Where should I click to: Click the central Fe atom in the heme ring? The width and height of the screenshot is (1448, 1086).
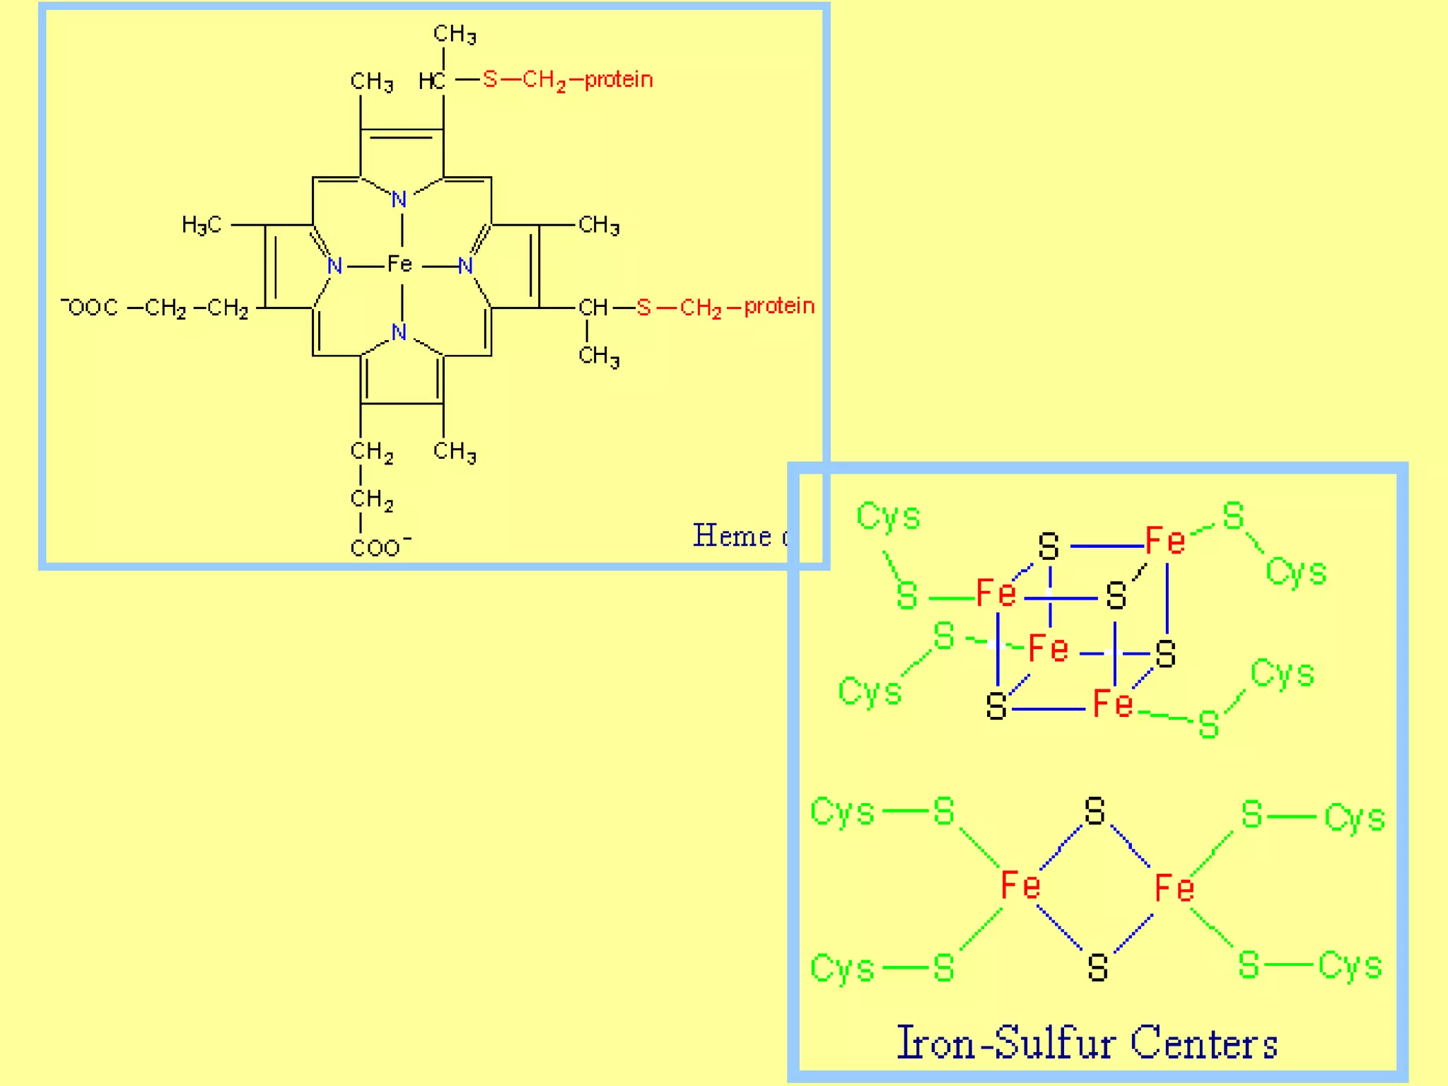399,264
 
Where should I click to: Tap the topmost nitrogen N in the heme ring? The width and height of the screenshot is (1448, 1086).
399,200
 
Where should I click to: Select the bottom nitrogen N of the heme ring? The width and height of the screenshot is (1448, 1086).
399,332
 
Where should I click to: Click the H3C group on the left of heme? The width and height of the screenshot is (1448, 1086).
202,225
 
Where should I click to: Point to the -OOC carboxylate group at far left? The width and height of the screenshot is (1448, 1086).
90,307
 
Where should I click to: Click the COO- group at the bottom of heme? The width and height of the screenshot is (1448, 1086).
380,547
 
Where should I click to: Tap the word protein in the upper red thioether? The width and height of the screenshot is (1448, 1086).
619,80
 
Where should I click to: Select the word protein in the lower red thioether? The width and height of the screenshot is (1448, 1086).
779,306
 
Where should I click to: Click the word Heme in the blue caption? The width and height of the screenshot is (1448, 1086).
731,536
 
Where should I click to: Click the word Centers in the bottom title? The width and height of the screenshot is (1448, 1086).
1203,1043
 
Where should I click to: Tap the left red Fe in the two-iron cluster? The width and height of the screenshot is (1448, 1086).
1020,885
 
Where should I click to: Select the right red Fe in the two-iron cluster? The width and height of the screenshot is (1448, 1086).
1174,888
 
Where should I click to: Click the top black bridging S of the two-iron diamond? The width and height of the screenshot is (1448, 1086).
1094,812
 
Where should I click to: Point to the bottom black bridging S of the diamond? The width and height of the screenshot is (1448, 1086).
1097,967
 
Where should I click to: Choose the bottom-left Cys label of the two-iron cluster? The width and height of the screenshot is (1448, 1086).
842,968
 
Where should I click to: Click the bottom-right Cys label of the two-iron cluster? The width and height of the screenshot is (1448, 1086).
1350,966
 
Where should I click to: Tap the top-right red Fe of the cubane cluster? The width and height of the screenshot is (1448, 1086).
1164,541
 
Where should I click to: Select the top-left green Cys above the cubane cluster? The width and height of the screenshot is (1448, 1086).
888,516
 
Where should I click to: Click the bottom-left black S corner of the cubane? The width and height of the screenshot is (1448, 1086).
996,706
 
